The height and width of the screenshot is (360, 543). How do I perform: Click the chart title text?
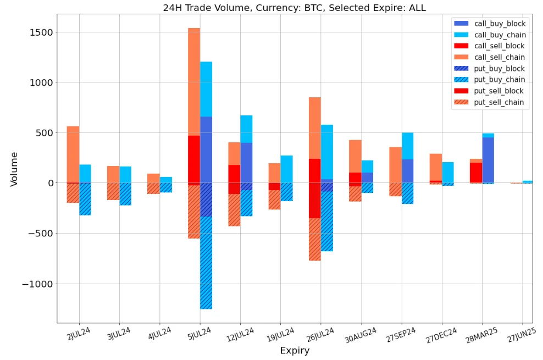(294, 8)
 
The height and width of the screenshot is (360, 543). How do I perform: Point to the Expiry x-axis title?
(294, 351)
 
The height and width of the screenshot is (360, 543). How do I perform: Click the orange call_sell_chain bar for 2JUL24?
(73, 154)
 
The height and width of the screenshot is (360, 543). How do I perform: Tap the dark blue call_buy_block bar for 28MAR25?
(487, 160)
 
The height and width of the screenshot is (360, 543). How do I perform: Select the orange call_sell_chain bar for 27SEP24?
(395, 165)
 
